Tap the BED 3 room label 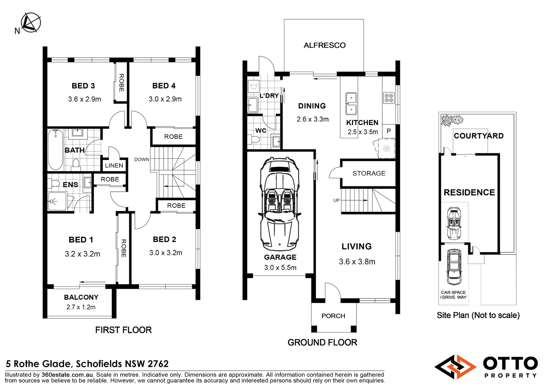tap(83, 86)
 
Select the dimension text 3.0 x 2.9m tap(165, 99)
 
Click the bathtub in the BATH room tap(56, 149)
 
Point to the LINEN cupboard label tap(114, 166)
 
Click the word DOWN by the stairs tap(142, 159)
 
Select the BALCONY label tap(81, 297)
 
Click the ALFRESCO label tap(325, 45)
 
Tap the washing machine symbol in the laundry tap(254, 86)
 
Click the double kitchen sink tap(351, 104)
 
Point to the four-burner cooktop tap(389, 98)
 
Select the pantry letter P tap(389, 131)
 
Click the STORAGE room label tap(369, 173)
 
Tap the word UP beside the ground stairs tap(337, 200)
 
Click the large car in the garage tap(280, 204)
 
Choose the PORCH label tap(333, 316)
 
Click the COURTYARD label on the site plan tap(479, 136)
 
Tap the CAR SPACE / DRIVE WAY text tap(454, 295)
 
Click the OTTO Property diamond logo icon tap(455, 367)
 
